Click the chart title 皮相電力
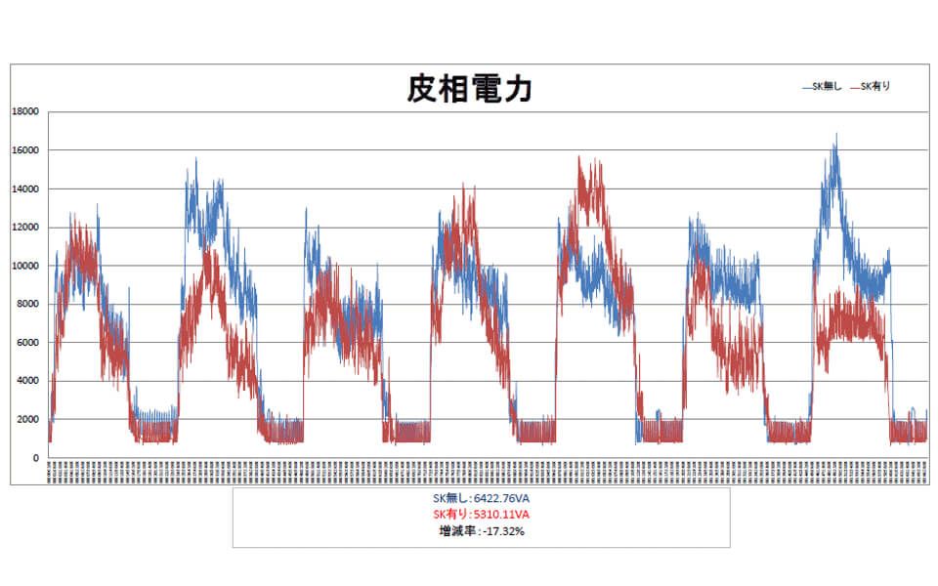coord(469,90)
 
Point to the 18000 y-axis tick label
coord(24,111)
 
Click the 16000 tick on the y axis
coord(24,150)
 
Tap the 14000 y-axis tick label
coord(24,188)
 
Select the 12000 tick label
coord(24,228)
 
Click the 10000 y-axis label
coord(24,266)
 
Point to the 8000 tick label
coord(27,304)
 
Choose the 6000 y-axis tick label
coord(27,343)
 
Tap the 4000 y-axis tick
coord(27,381)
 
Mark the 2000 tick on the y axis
coord(27,420)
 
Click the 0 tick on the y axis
coord(35,458)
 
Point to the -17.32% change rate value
coord(503,531)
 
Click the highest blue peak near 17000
coord(835,136)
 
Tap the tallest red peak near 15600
coord(579,157)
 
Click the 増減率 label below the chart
coord(456,531)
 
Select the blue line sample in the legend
coord(807,87)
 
